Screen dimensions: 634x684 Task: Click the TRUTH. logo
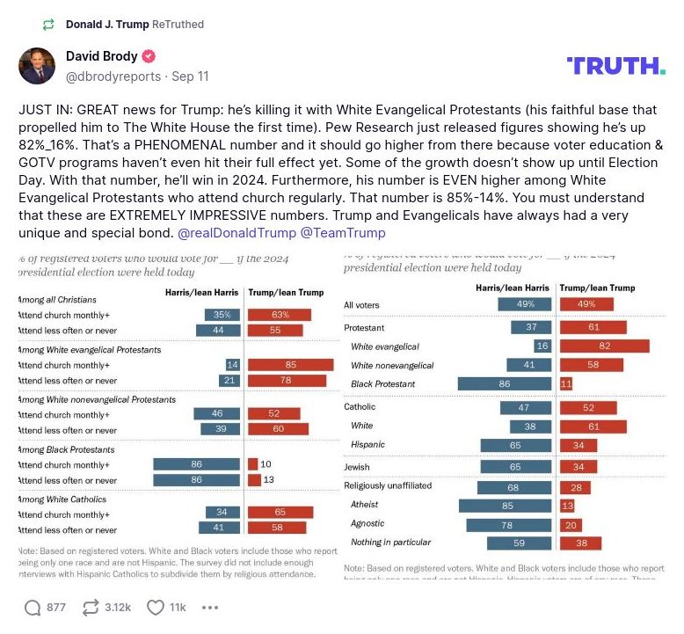click(x=616, y=66)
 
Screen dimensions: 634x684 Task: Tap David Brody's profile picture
click(x=37, y=66)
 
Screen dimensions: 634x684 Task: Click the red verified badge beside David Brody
click(x=149, y=56)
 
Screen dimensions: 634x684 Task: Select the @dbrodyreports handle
click(x=113, y=77)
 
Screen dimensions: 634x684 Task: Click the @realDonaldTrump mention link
click(x=236, y=233)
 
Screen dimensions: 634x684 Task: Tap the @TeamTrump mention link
click(x=343, y=233)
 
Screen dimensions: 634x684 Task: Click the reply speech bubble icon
click(x=33, y=607)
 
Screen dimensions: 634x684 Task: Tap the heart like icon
click(x=156, y=607)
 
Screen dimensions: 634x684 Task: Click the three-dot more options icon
click(x=210, y=607)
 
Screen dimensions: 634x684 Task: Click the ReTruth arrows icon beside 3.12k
click(x=90, y=607)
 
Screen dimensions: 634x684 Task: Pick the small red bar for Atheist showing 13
click(x=567, y=505)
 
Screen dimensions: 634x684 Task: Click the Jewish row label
click(x=358, y=467)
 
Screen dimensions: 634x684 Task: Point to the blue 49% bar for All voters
click(x=525, y=305)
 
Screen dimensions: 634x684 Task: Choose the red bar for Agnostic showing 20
click(x=570, y=524)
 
